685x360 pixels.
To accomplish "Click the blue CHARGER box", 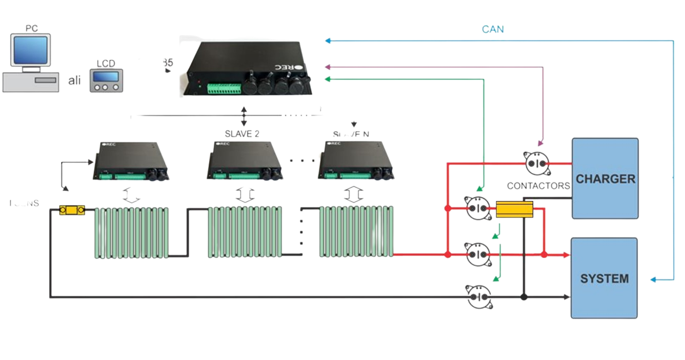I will pos(605,178).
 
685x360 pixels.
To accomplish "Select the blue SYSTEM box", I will pos(604,278).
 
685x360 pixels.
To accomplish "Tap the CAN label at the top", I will pos(492,29).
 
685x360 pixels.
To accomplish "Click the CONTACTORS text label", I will pos(538,186).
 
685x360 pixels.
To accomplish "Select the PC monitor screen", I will pos(32,50).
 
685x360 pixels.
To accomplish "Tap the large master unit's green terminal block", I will pos(224,88).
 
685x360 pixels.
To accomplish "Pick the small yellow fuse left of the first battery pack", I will pos(72,210).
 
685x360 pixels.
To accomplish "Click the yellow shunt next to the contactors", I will pos(514,209).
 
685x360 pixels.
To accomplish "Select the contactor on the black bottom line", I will pos(479,297).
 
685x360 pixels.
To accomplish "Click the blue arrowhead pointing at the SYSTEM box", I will pos(653,279).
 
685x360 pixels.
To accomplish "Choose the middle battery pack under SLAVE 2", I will pos(245,232).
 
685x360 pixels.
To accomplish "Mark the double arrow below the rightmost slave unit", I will pos(353,194).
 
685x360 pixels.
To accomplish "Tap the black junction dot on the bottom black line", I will pos(523,297).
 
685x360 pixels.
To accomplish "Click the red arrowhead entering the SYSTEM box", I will pos(566,255).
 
